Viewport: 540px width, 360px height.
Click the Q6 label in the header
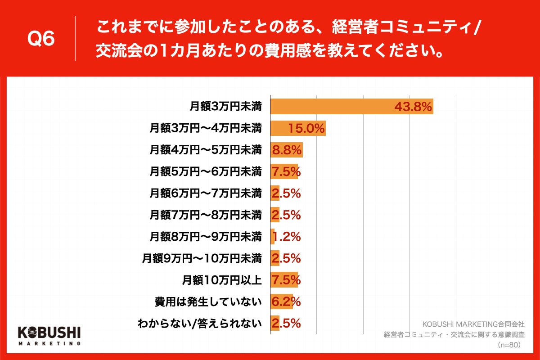pyautogui.click(x=41, y=39)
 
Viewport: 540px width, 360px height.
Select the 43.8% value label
pyautogui.click(x=413, y=107)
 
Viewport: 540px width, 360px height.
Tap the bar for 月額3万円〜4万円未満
pyautogui.click(x=297, y=128)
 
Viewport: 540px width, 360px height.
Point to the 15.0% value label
pyautogui.click(x=306, y=128)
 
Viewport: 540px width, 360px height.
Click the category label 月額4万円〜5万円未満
pyautogui.click(x=206, y=150)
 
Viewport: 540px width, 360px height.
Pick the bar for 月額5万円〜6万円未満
pyautogui.click(x=284, y=171)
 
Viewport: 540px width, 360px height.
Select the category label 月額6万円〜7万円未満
pyautogui.click(x=206, y=193)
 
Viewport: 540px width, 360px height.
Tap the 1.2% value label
pyautogui.click(x=286, y=236)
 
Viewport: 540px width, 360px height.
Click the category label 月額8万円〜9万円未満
pyautogui.click(x=206, y=236)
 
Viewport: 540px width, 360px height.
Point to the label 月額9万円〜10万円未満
pyautogui.click(x=202, y=258)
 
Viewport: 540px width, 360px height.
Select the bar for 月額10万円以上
pyautogui.click(x=284, y=280)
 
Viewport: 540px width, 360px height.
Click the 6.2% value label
pyautogui.click(x=286, y=301)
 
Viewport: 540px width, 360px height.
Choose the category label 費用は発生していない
pyautogui.click(x=207, y=301)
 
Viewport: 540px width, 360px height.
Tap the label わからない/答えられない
pyautogui.click(x=199, y=323)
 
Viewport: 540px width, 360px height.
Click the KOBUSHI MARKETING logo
pyautogui.click(x=49, y=335)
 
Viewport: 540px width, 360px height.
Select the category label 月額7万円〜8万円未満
pyautogui.click(x=206, y=215)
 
